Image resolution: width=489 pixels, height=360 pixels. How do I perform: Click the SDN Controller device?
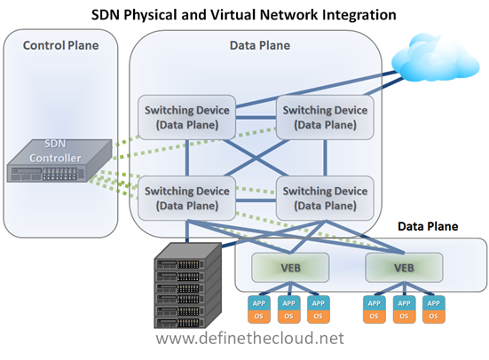(x=59, y=160)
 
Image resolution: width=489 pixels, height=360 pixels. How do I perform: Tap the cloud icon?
(x=436, y=58)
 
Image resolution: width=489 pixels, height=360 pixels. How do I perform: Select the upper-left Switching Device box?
(x=186, y=117)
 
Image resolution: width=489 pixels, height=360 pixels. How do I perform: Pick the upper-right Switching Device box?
(x=325, y=117)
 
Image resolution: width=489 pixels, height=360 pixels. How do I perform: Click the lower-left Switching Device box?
(x=186, y=199)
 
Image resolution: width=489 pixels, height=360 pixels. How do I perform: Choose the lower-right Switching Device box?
(x=325, y=199)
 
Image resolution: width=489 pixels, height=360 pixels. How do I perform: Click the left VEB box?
(x=290, y=268)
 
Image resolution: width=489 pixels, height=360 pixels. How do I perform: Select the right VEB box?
(x=404, y=268)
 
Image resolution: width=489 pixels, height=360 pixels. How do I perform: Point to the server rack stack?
(x=188, y=286)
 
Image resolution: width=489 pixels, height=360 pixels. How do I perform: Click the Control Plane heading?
(x=61, y=45)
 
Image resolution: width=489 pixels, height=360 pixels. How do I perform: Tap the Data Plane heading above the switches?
(x=260, y=45)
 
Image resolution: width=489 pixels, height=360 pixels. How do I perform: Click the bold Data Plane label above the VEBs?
(x=428, y=226)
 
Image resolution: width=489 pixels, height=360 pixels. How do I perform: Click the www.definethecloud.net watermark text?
(x=249, y=338)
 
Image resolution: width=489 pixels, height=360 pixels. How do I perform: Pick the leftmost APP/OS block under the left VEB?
(x=259, y=309)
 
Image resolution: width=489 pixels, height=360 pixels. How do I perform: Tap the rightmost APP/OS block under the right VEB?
(x=434, y=309)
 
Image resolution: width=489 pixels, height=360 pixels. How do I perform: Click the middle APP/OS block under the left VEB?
(x=288, y=309)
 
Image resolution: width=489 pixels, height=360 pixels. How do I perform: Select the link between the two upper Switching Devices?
(x=256, y=118)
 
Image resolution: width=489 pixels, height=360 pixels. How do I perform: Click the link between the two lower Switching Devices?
(x=256, y=200)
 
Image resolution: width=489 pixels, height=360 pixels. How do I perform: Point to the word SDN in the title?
(x=106, y=15)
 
